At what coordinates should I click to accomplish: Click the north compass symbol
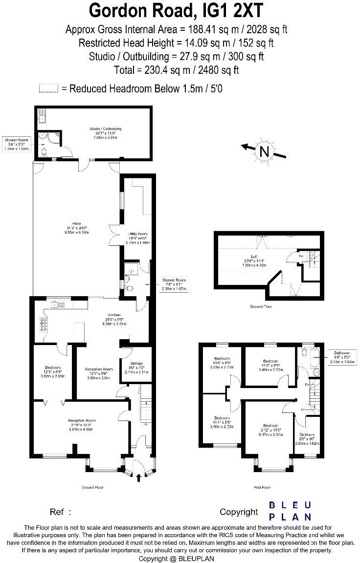265,152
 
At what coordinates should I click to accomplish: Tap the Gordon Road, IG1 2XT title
176,10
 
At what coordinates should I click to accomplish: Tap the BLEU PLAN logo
291,511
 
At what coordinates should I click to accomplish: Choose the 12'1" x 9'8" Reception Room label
99,373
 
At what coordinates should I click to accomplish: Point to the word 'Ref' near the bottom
57,512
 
